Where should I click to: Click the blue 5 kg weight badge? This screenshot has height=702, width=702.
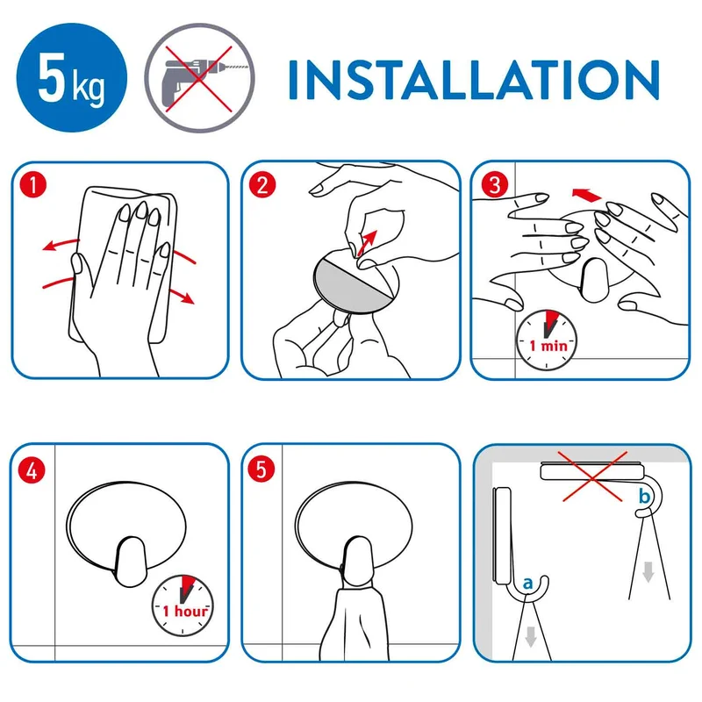[x=72, y=77]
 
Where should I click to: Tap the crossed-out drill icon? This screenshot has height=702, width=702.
[x=200, y=77]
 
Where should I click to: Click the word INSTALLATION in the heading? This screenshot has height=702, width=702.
[x=474, y=79]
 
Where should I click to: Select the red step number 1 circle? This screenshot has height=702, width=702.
[x=33, y=185]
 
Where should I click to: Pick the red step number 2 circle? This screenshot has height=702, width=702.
[x=262, y=185]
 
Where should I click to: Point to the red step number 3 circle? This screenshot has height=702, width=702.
[x=495, y=184]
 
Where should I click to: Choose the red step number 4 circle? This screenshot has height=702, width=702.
[x=32, y=470]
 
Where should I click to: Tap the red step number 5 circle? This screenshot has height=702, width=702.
[x=261, y=469]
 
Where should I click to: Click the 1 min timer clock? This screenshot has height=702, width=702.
[x=547, y=340]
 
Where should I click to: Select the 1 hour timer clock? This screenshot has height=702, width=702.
[x=183, y=605]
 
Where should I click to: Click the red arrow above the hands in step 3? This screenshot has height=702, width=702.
[x=587, y=195]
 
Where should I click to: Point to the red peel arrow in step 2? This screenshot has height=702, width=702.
[x=367, y=243]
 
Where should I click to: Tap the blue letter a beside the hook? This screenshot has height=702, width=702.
[x=528, y=583]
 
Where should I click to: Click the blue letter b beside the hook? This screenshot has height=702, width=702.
[x=644, y=496]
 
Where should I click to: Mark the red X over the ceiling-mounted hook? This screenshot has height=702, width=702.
[x=592, y=476]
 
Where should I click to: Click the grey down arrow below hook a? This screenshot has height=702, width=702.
[x=531, y=637]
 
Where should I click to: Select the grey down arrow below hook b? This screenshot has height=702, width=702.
[x=648, y=572]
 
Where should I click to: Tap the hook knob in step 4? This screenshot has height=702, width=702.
[x=131, y=562]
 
